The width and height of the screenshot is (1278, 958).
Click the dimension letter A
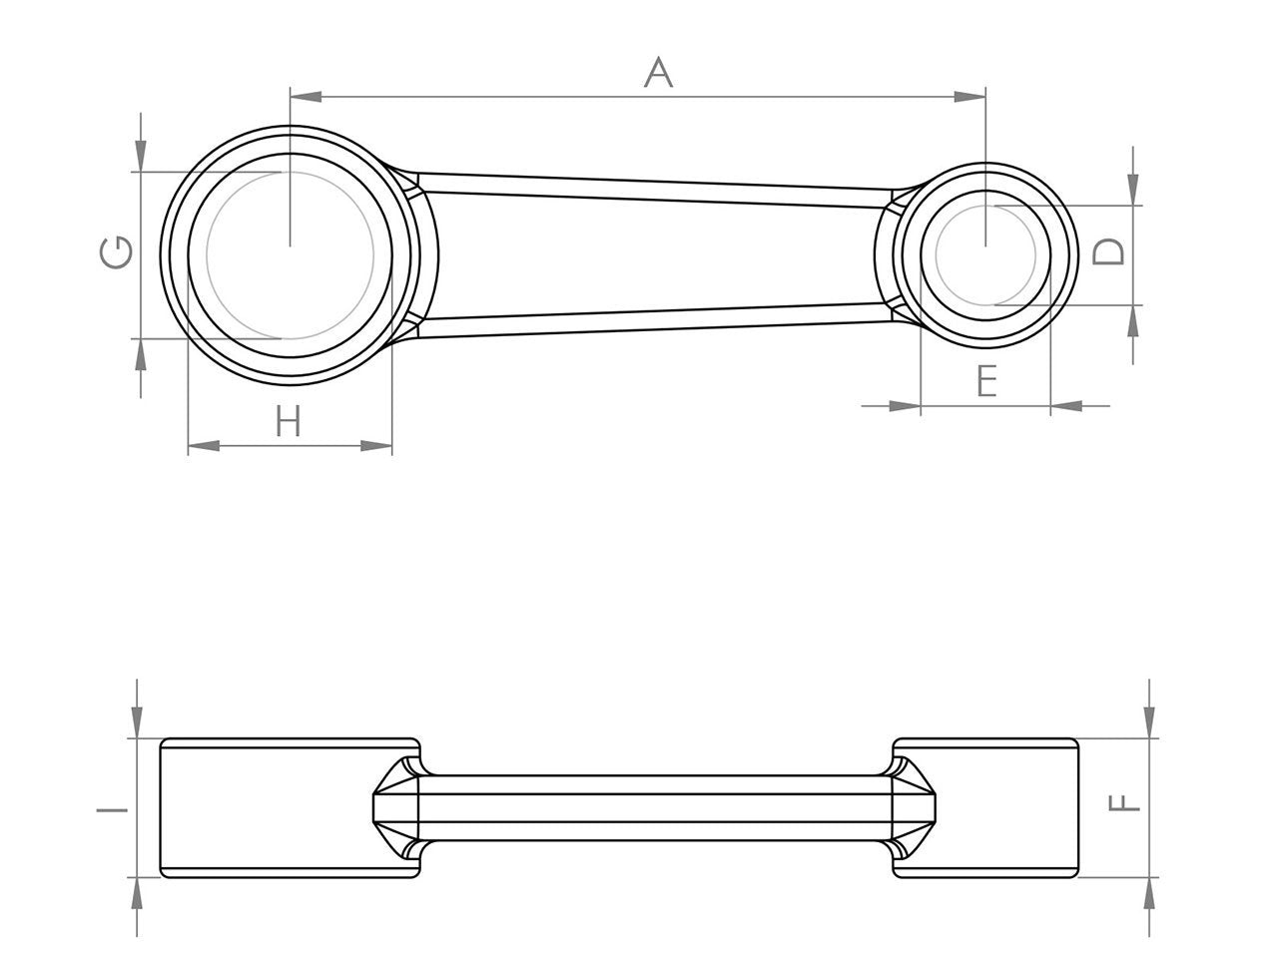(658, 72)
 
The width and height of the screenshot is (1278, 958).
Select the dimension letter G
(116, 252)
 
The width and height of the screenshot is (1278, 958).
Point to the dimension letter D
(1108, 251)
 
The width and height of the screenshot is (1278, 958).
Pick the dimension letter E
(985, 381)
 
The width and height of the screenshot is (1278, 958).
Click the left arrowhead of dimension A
(306, 97)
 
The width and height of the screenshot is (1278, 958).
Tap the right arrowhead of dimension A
(968, 97)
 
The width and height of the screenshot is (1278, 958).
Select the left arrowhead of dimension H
(204, 446)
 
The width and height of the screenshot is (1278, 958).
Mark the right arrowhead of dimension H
(376, 446)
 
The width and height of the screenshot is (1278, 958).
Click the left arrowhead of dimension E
(905, 405)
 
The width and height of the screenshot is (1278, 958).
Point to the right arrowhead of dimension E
(1066, 405)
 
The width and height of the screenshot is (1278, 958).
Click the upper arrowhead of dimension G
(141, 156)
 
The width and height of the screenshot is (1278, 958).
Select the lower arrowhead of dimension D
(1133, 320)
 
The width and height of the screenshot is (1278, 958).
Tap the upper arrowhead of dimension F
(1150, 723)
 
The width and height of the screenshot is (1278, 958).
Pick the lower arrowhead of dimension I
(137, 894)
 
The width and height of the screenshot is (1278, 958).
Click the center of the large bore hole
(290, 254)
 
